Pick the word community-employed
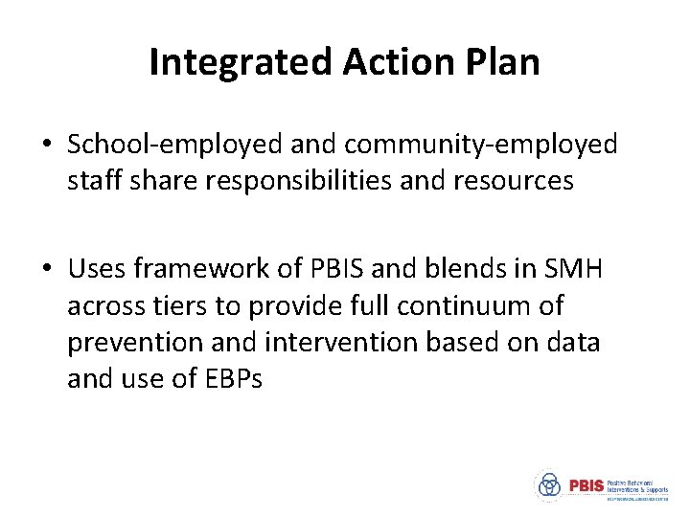click(481, 145)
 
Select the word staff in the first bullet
click(92, 181)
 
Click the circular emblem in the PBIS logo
click(549, 485)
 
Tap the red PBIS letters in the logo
click(586, 485)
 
